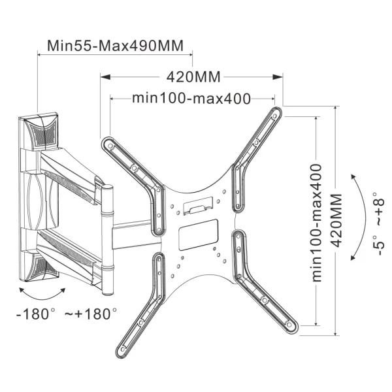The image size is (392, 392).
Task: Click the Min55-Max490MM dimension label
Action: click(x=115, y=46)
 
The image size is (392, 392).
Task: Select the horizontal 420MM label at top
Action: click(x=193, y=76)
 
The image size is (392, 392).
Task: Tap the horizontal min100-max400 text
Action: click(x=191, y=98)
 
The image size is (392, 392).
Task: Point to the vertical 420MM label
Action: click(x=337, y=220)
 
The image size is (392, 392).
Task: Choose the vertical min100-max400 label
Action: click(x=316, y=223)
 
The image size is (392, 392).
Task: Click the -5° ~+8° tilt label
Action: click(x=378, y=223)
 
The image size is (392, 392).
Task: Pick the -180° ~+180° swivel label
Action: click(x=67, y=314)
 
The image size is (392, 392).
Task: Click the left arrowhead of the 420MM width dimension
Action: click(x=105, y=76)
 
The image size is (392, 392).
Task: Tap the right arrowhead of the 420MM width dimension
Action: click(x=278, y=76)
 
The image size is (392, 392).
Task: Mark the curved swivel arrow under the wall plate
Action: click(x=42, y=299)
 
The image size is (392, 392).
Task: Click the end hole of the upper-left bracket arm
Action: click(x=110, y=146)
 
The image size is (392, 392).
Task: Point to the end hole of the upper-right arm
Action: click(x=275, y=116)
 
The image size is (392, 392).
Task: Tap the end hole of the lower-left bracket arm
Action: click(x=123, y=349)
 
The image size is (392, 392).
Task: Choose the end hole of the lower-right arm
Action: click(x=289, y=325)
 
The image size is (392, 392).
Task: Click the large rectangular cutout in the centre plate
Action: click(x=198, y=235)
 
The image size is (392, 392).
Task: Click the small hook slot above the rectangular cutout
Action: click(x=198, y=206)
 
